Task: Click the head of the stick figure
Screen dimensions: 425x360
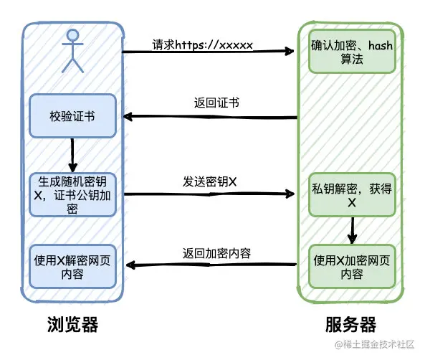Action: pyautogui.click(x=73, y=36)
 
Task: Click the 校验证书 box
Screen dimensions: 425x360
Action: pyautogui.click(x=72, y=116)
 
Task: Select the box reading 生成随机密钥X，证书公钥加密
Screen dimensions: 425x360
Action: pyautogui.click(x=72, y=195)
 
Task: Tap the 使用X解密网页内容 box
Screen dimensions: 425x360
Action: pyautogui.click(x=72, y=266)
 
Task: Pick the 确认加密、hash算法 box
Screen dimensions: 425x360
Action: pyautogui.click(x=352, y=52)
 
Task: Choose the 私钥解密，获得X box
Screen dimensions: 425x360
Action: pyautogui.click(x=352, y=195)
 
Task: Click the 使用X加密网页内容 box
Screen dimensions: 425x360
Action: pyautogui.click(x=352, y=266)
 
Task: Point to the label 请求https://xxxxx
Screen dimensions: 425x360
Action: pyautogui.click(x=203, y=44)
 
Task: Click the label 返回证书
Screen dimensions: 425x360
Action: pyautogui.click(x=216, y=103)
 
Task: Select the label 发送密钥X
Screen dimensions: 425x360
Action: pyautogui.click(x=210, y=181)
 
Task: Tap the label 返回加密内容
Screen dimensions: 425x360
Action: pyautogui.click(x=216, y=253)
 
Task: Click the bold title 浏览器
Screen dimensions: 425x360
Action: pyautogui.click(x=72, y=324)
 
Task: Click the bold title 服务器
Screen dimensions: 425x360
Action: pyautogui.click(x=350, y=324)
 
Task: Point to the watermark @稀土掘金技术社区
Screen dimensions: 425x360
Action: pyautogui.click(x=375, y=344)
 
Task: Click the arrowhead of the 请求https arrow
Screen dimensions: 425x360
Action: pyautogui.click(x=290, y=51)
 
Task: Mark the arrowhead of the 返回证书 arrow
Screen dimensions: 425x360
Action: pyautogui.click(x=128, y=117)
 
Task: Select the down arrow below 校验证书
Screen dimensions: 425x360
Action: pyautogui.click(x=72, y=155)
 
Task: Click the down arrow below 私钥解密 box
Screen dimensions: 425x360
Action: pyautogui.click(x=352, y=231)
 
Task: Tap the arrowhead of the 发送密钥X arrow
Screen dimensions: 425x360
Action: pyautogui.click(x=290, y=194)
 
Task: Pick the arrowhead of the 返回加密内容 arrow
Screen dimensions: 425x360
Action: pyautogui.click(x=131, y=265)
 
